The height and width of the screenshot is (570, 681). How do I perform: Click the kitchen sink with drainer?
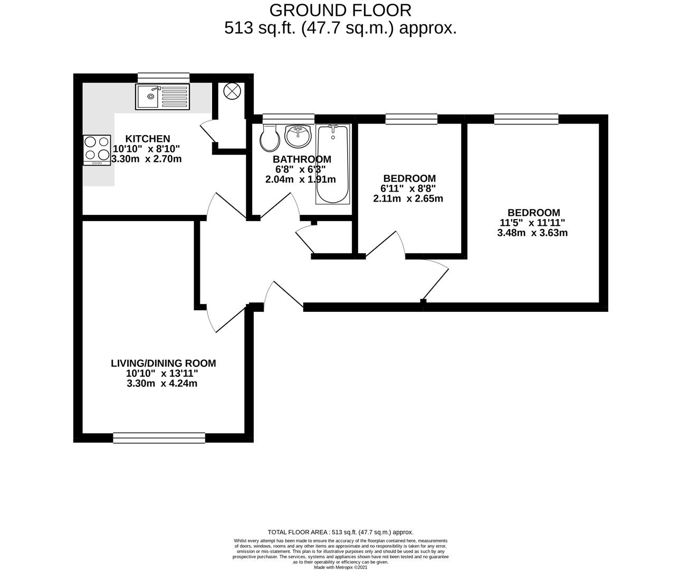[x=162, y=97]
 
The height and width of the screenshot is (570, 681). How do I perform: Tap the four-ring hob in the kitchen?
[x=97, y=150]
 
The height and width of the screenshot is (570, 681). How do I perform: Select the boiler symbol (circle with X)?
[x=232, y=92]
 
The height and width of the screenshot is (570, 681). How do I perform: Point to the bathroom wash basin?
[x=299, y=136]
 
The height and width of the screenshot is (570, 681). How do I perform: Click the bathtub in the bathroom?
[x=332, y=165]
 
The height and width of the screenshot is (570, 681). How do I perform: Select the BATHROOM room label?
[x=302, y=159]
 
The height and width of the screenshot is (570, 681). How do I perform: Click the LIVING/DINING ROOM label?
[x=163, y=363]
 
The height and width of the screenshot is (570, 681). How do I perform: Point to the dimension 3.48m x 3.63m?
[x=532, y=233]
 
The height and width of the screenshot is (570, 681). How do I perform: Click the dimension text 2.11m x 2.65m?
[x=408, y=199]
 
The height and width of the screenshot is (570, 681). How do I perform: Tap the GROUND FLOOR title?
[x=340, y=10]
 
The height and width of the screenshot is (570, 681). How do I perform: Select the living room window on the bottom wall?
[x=159, y=437]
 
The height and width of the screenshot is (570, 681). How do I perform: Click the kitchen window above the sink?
[x=163, y=77]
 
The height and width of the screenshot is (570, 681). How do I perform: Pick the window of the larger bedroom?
[x=526, y=119]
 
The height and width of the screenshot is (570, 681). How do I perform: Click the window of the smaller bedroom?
[x=411, y=119]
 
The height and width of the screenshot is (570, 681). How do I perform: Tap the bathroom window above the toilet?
[x=288, y=119]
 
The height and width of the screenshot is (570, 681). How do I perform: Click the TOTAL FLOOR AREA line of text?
[x=340, y=533]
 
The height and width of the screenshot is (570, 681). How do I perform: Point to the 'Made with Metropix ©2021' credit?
[x=340, y=567]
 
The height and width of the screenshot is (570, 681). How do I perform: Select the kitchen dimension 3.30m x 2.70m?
[x=147, y=159]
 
